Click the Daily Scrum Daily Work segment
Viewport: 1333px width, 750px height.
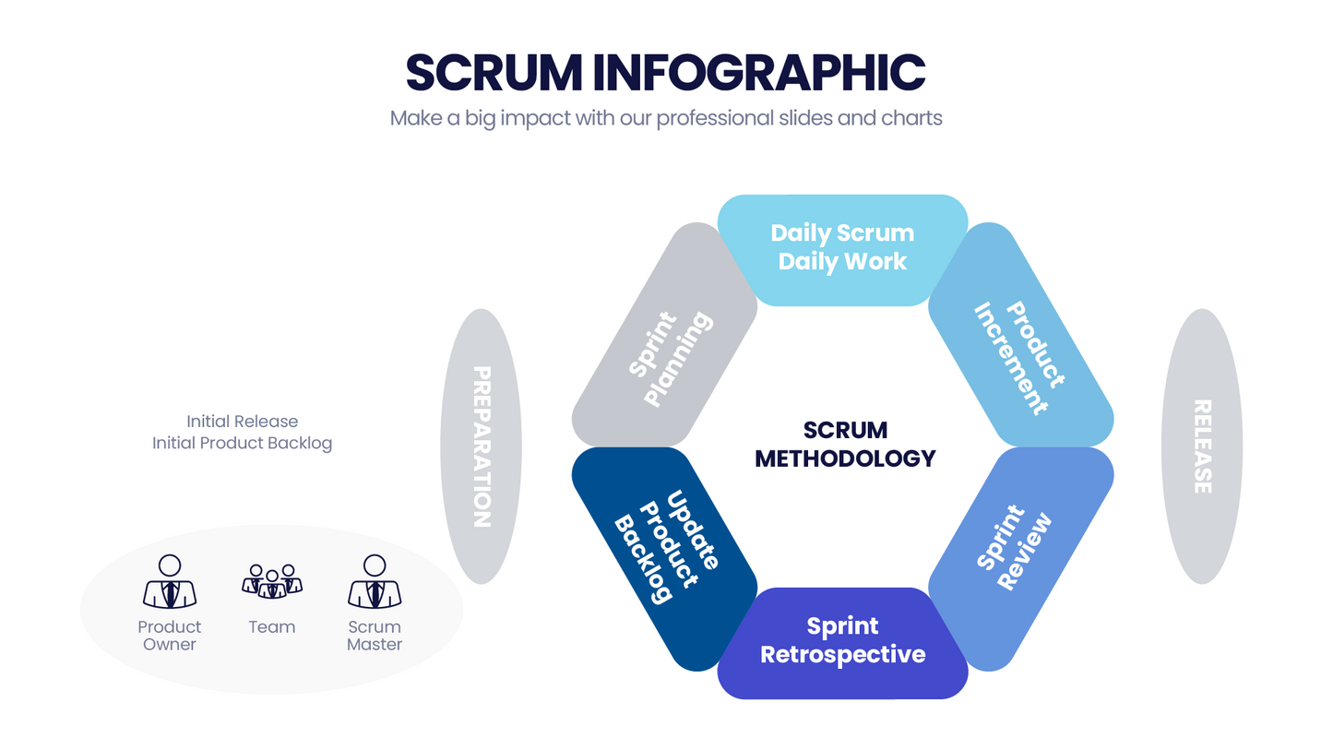(x=842, y=247)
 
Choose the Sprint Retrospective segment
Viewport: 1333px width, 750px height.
(x=842, y=641)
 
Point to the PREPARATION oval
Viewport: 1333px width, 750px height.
(x=481, y=446)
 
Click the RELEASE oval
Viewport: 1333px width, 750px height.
(x=1201, y=446)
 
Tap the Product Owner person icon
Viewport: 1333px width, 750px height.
(x=170, y=582)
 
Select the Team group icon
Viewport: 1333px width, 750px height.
(x=272, y=582)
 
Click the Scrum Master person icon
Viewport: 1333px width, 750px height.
(x=375, y=582)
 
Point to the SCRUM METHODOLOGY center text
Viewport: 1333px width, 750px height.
(x=844, y=444)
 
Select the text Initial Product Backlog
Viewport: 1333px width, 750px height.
(x=243, y=443)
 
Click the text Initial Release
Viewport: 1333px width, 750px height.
(x=243, y=422)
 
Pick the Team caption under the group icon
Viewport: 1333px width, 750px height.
(x=272, y=627)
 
